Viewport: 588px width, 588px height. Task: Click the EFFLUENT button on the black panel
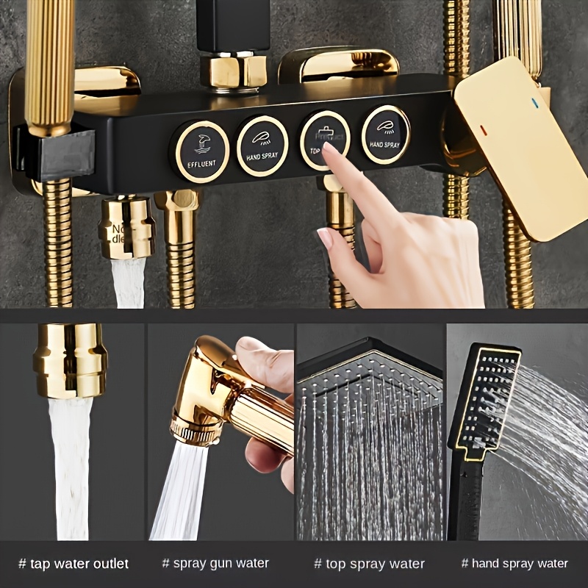tap(200, 151)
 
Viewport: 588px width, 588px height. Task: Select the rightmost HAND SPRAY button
tap(385, 135)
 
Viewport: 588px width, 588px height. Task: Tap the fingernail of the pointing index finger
tap(329, 150)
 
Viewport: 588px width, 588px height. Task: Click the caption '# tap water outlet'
tap(73, 564)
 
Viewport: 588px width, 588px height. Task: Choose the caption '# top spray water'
tap(369, 564)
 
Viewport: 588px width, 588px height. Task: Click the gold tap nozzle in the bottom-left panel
tap(70, 360)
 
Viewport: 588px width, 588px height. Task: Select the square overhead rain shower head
tap(370, 375)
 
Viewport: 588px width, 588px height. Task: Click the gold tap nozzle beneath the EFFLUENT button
tap(126, 228)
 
